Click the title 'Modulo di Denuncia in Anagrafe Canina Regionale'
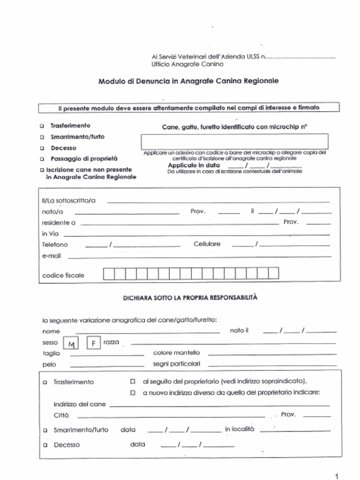click(x=188, y=81)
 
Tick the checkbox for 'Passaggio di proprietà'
click(x=42, y=159)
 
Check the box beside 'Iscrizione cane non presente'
click(x=42, y=170)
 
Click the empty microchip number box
click(x=234, y=141)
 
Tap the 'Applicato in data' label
click(x=194, y=165)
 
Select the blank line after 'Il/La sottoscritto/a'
click(x=218, y=202)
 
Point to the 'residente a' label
click(x=59, y=223)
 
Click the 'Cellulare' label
click(x=207, y=244)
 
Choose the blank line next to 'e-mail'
click(x=200, y=257)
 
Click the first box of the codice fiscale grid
click(x=108, y=273)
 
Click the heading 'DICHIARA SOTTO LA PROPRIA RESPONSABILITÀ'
click(x=190, y=298)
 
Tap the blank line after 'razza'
click(x=233, y=344)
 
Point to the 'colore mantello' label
click(x=176, y=352)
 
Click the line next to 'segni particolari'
click(x=272, y=365)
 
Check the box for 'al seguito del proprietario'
click(x=133, y=381)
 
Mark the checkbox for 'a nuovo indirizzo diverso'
click(x=133, y=392)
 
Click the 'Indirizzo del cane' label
click(x=80, y=404)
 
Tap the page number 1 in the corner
click(x=337, y=475)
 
